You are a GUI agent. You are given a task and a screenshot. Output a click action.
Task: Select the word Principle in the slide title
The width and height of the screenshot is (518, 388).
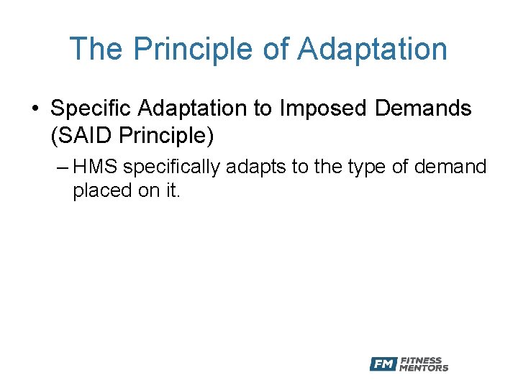click(189, 49)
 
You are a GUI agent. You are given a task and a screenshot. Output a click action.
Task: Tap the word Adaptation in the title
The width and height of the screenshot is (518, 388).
click(372, 49)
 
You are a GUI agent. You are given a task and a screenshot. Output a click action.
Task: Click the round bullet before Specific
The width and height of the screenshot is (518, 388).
click(35, 109)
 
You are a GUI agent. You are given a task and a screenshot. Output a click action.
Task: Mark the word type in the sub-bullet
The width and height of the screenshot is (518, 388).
click(366, 167)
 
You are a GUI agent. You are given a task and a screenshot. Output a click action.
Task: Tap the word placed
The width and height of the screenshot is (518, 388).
click(98, 192)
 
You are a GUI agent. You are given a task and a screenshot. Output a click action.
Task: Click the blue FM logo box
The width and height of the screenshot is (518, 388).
click(383, 364)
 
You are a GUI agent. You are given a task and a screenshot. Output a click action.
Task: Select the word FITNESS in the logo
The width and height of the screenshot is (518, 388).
click(421, 361)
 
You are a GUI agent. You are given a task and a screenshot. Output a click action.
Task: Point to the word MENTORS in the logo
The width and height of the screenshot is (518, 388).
click(424, 369)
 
